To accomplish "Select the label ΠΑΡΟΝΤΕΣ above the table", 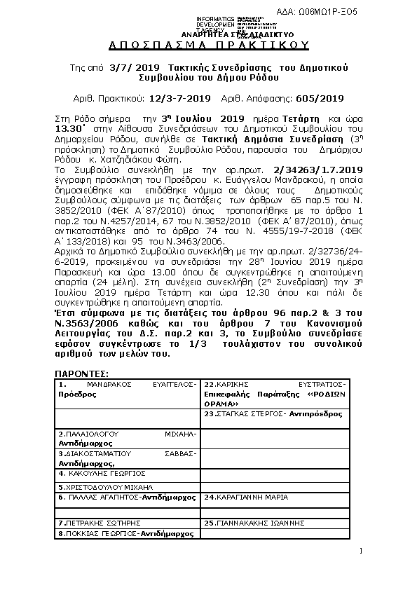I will [x=81, y=373].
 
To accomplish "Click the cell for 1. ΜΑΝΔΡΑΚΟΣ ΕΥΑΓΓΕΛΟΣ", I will [x=128, y=390].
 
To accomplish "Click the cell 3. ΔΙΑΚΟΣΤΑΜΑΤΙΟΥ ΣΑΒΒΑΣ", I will [x=128, y=458].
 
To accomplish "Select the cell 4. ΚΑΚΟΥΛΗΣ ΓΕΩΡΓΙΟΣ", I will [x=128, y=474].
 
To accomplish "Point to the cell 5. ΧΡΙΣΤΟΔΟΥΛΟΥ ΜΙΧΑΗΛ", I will [x=128, y=486].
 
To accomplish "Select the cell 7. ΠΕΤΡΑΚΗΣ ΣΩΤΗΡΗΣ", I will [x=128, y=523].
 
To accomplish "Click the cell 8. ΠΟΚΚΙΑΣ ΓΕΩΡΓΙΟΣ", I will [x=128, y=533].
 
